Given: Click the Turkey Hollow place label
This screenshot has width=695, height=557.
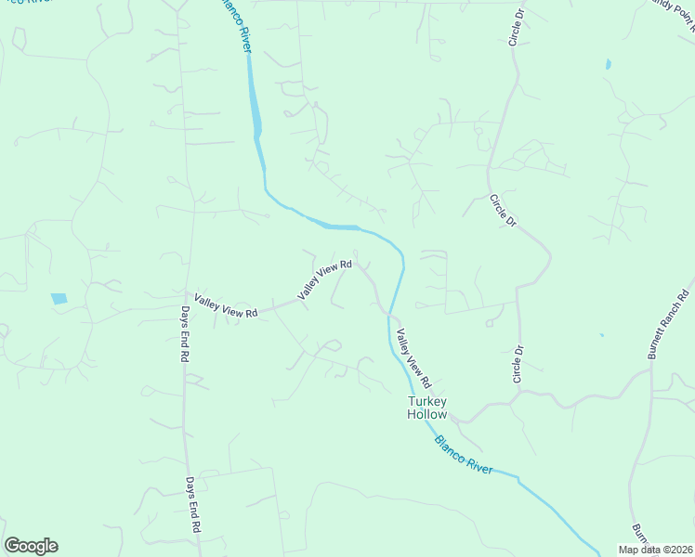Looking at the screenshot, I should pos(427,408).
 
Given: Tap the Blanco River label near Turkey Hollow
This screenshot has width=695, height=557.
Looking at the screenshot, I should pos(464,454).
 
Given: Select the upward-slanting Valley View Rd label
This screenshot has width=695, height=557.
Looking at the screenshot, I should pos(324,279).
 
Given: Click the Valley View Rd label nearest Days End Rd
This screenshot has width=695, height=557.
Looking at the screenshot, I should pos(226,305).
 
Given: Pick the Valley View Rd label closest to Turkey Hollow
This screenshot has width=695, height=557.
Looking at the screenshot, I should pos(414,358).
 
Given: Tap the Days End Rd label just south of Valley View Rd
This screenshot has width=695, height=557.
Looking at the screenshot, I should pos(186,334).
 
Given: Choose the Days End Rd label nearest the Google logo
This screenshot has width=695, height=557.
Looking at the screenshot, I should pos(193,504).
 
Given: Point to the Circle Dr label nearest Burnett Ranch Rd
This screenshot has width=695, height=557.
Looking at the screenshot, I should pos(518,364).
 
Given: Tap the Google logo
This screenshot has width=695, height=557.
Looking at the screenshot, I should pos(31,546).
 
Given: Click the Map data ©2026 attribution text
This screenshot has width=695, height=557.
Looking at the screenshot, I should pos(655,550).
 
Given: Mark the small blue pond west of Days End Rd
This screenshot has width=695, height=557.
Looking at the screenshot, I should pos(59,299).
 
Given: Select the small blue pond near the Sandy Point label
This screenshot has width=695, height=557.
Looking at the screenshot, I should pos(609,65).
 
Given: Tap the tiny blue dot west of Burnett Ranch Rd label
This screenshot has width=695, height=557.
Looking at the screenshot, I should pos(602,335).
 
